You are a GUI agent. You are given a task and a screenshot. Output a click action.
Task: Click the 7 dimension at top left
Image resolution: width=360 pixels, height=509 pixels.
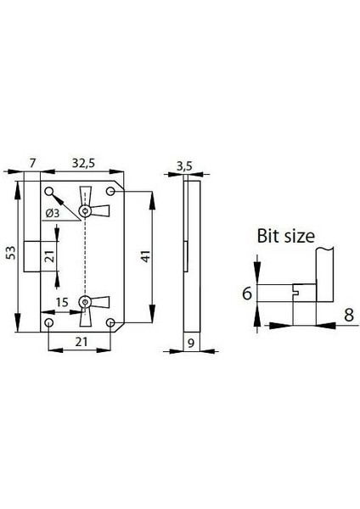31,160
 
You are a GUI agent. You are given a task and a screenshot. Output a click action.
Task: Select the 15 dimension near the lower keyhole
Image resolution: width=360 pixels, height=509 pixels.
62,301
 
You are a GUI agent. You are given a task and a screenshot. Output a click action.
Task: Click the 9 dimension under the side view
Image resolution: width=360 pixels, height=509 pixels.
192,343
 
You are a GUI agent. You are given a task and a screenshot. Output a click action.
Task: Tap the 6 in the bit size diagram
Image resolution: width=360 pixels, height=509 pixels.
248,294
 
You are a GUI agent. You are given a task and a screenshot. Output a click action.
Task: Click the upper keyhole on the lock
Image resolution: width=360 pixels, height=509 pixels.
85,210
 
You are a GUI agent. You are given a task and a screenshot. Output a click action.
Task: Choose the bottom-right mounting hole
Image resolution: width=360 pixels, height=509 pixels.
112,323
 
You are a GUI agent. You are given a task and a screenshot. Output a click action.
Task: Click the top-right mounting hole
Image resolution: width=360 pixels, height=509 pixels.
112,190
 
